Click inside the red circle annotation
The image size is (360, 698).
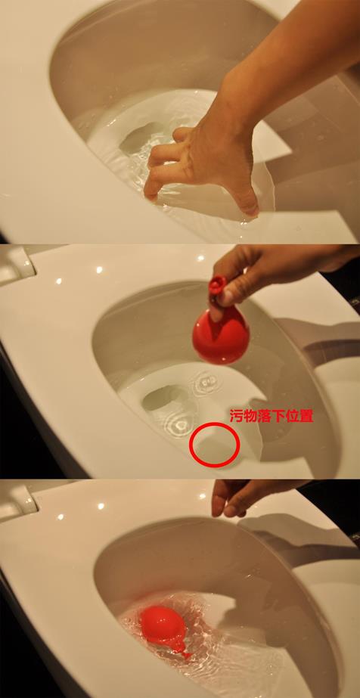click(215, 444)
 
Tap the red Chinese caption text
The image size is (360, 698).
click(272, 416)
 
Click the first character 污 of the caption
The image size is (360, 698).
click(236, 416)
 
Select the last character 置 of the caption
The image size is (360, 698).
click(306, 416)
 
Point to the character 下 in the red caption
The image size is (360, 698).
click(278, 416)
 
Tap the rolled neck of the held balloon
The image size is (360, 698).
click(217, 285)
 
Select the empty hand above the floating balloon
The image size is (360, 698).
click(241, 498)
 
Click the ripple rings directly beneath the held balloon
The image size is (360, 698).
click(206, 382)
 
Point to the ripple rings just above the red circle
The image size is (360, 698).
click(179, 424)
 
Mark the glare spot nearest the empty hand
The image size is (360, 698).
click(203, 495)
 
